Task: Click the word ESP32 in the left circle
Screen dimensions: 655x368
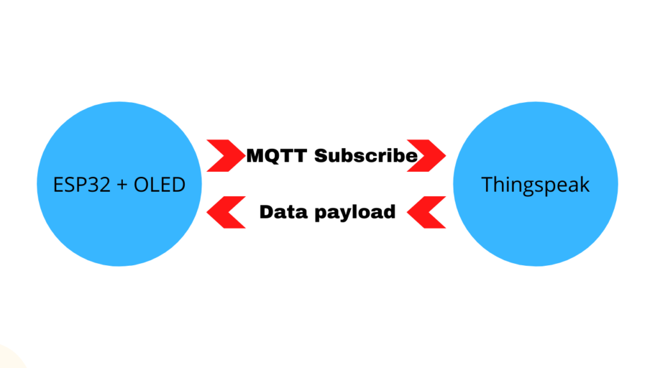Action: [82, 185]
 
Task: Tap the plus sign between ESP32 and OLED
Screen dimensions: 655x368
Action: [122, 185]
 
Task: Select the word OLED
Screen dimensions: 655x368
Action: [159, 185]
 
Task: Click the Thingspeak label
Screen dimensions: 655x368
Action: [535, 185]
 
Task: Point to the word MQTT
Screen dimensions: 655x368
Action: [277, 156]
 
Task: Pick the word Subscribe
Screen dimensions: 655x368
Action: [366, 156]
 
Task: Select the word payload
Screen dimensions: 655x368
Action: [355, 212]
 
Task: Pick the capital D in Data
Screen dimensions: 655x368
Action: [267, 212]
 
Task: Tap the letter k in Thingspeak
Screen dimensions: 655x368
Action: [585, 184]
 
